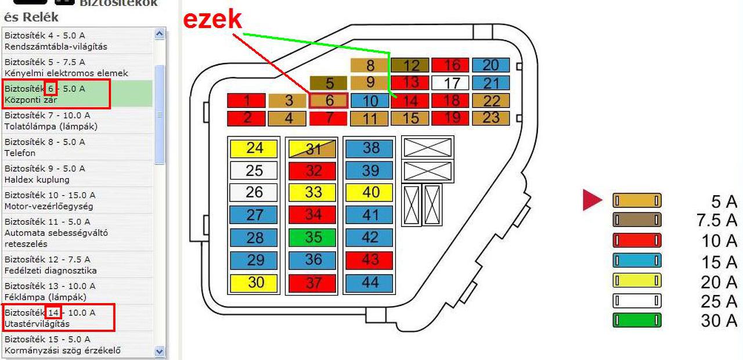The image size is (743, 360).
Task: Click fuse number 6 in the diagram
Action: (x=329, y=100)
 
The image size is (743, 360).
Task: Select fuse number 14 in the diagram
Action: (x=410, y=100)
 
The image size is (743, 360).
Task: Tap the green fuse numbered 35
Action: (x=313, y=237)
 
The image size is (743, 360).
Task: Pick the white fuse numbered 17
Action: (x=450, y=82)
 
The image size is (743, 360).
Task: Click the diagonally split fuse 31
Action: (x=313, y=149)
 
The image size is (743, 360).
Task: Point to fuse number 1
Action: (x=246, y=100)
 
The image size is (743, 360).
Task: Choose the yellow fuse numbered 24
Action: (x=254, y=148)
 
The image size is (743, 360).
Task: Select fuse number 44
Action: (x=370, y=282)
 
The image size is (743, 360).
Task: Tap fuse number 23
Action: (x=490, y=118)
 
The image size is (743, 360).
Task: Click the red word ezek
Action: (x=212, y=19)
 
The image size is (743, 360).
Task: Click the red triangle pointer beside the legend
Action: (x=592, y=200)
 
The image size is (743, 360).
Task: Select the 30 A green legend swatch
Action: (x=637, y=320)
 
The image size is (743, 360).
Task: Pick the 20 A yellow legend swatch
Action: (x=637, y=280)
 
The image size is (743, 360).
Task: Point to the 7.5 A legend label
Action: (x=716, y=221)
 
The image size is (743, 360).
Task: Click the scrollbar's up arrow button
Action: (x=160, y=34)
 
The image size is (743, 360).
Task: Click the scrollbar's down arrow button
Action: (x=160, y=351)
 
